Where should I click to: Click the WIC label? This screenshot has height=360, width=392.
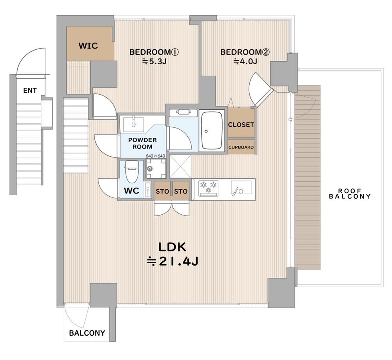pos(88,46)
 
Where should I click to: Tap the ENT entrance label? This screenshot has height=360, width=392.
pos(30,90)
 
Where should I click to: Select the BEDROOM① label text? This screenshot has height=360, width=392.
pos(154,52)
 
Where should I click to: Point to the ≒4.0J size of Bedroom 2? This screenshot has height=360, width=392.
pos(245,61)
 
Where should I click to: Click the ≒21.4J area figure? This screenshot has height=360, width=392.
pos(172,261)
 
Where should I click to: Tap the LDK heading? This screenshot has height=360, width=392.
pos(172,247)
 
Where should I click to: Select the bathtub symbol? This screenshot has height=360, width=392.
pos(212,130)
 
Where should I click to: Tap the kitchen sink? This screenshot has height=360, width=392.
pos(241,188)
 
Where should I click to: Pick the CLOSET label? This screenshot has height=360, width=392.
pos(241,125)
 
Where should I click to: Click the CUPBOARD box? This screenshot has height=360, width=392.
pos(241,147)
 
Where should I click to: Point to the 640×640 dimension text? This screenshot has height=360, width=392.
pos(155,156)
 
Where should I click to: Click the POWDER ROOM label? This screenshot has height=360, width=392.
pos(142,143)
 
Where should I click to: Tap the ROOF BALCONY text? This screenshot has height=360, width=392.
pos(350,194)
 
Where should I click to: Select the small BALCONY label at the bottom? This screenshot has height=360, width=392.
pos(87,333)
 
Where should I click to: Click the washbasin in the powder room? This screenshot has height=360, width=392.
pos(134,124)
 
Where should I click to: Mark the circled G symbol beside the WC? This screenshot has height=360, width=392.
pos(150,168)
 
